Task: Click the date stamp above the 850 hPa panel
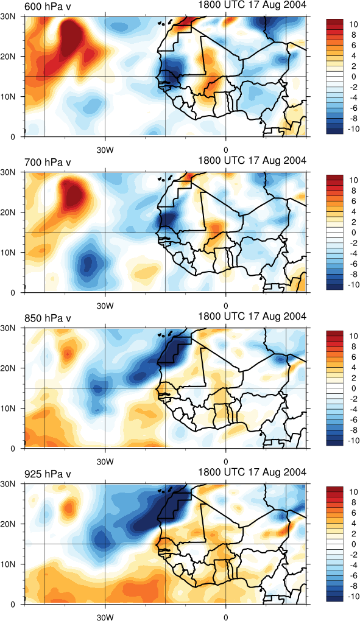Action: (x=252, y=317)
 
